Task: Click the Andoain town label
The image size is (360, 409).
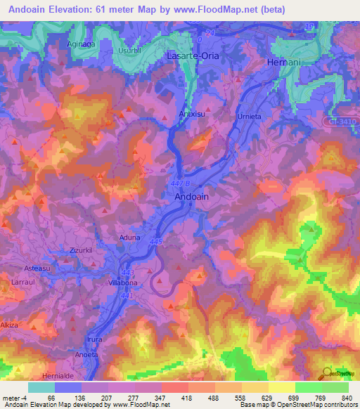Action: tap(191, 198)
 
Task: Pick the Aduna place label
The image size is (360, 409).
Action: tap(131, 238)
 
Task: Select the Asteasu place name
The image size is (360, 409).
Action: tap(39, 268)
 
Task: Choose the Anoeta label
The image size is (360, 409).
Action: tap(86, 355)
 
